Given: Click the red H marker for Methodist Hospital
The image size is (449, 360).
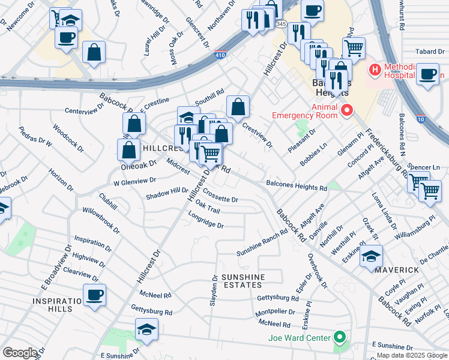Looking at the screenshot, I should (375, 70).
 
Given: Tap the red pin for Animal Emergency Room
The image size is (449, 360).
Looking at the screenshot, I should (346, 110).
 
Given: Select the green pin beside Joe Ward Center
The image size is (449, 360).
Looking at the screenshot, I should (340, 338).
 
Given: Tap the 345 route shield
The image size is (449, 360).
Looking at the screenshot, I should (282, 23).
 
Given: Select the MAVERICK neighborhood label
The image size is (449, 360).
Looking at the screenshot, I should (397, 270).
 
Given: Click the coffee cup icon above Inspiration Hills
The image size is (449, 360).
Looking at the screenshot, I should (95, 295).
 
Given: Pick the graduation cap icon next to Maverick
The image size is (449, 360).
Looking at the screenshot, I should (371, 257).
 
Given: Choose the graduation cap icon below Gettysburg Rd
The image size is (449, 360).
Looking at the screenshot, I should (146, 329).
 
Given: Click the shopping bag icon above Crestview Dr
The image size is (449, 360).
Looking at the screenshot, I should (238, 107).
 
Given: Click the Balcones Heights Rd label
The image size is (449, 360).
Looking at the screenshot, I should (297, 186).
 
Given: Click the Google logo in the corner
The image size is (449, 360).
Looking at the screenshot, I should (20, 353).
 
